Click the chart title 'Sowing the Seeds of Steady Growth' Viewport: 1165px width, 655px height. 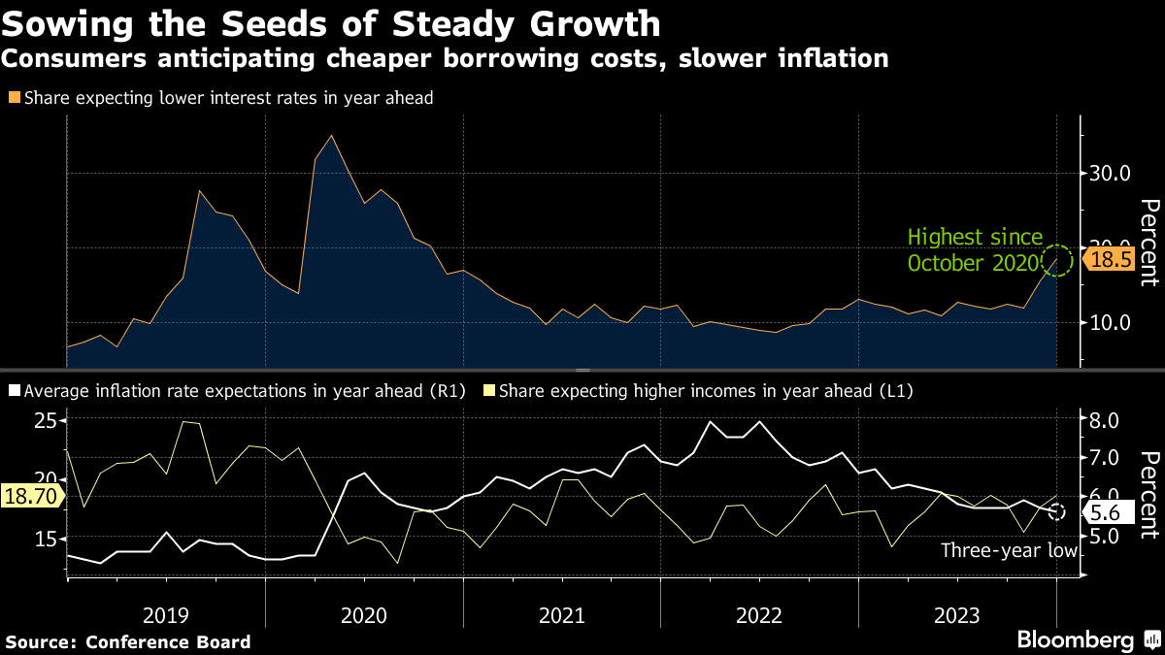tap(331, 23)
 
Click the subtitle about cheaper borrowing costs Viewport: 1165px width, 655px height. tap(444, 59)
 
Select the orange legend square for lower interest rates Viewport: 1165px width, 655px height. tap(14, 98)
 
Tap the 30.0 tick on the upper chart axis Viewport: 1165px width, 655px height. tap(1110, 174)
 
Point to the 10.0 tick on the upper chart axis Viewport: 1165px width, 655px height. tap(1110, 322)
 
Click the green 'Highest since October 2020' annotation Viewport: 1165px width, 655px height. tap(975, 249)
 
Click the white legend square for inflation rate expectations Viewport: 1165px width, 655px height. tap(14, 391)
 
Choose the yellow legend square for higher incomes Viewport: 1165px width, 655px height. tap(489, 391)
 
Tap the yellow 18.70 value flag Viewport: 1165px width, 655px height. tap(30, 496)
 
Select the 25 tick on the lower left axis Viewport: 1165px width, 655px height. tap(46, 421)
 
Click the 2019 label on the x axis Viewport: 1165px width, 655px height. tap(166, 615)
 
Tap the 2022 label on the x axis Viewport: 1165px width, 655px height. tap(759, 615)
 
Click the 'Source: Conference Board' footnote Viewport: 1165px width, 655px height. tap(128, 641)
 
